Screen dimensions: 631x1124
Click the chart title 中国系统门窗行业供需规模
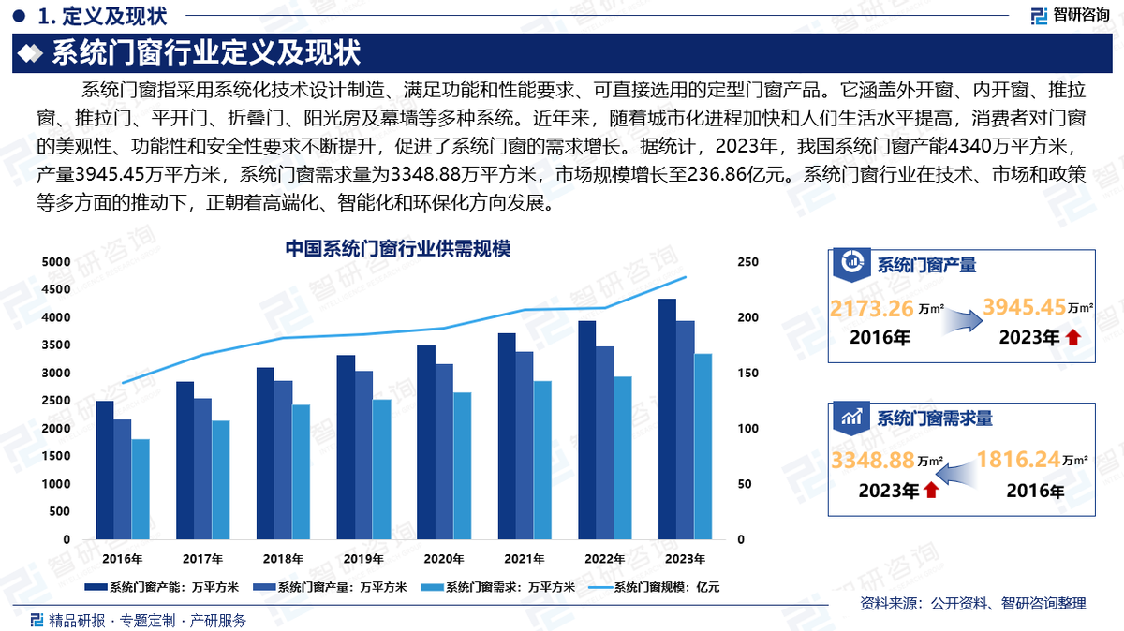coord(397,249)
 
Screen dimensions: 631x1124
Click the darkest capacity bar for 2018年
coord(265,453)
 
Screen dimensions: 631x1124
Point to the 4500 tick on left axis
coord(55,290)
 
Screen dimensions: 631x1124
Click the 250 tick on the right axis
coord(747,263)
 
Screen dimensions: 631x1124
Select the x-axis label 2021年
coord(525,559)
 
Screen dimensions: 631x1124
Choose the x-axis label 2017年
coord(202,559)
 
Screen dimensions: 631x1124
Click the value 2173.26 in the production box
coord(871,307)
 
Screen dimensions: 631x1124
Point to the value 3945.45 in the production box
coord(1023,306)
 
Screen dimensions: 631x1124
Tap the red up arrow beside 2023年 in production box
coord(1072,338)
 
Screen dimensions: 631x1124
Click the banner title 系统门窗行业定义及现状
coord(205,52)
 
